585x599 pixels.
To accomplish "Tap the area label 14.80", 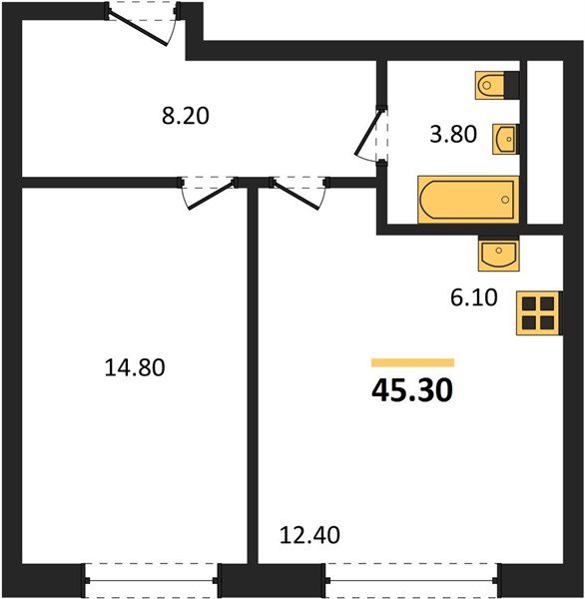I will click(x=134, y=367).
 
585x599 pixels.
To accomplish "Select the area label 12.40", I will click(x=309, y=535).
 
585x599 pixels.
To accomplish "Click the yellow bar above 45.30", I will click(x=412, y=362).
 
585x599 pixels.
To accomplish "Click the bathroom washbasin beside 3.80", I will click(x=505, y=138).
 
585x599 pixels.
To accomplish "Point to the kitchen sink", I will click(x=498, y=256).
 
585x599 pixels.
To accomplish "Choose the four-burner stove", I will click(x=538, y=312).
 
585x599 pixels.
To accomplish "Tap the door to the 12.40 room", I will click(x=297, y=192).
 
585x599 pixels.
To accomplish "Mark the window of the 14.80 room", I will click(x=151, y=577).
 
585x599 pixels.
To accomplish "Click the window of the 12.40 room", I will click(x=409, y=577).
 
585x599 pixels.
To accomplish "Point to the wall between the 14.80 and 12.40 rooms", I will click(x=253, y=379).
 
